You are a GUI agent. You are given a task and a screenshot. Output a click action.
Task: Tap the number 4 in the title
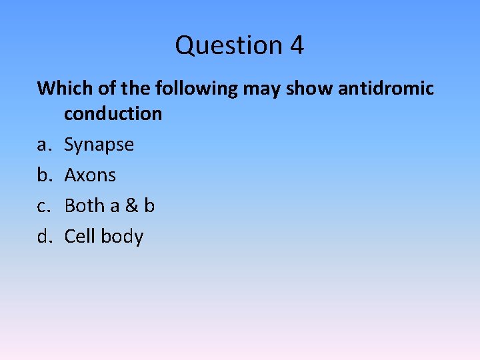tap(297, 46)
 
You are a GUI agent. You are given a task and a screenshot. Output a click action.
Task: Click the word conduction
tap(113, 113)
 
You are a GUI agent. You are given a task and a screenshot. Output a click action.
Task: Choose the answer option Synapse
tap(99, 145)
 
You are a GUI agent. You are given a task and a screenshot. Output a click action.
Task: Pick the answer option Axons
tap(90, 175)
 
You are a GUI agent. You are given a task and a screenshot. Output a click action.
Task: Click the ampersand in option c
tap(131, 205)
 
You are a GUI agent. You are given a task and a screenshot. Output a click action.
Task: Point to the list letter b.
tap(43, 175)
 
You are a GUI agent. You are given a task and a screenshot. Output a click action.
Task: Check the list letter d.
tap(43, 236)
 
